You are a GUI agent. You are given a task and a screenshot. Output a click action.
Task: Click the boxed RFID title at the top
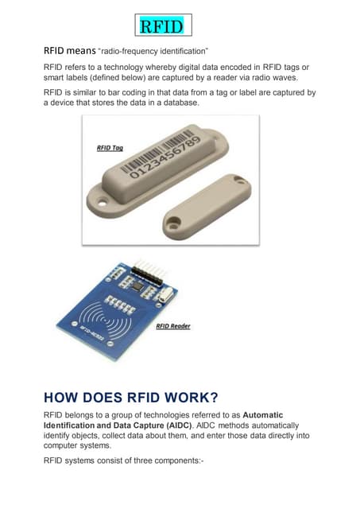(x=161, y=27)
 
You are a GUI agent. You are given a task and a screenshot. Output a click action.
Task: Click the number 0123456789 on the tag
(x=168, y=164)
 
